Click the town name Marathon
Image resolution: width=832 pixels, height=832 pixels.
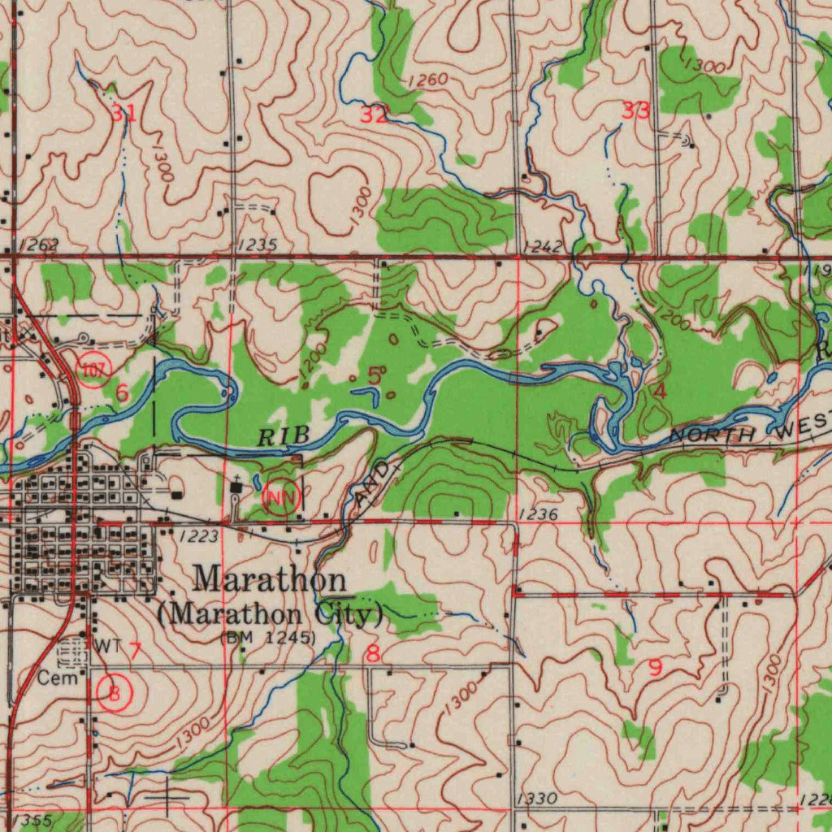271,579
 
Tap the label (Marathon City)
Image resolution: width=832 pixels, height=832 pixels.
269,613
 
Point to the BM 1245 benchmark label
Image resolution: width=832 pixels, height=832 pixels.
268,638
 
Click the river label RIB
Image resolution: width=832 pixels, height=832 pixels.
284,437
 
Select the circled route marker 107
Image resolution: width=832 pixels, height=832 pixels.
93,370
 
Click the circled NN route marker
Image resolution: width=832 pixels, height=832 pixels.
283,495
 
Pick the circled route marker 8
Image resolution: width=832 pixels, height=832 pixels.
114,692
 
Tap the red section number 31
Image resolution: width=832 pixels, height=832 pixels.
123,114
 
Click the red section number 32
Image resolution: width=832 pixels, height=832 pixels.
374,115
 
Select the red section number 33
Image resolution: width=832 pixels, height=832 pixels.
635,111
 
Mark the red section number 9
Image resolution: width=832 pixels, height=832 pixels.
655,668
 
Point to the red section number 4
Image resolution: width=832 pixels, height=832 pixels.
660,392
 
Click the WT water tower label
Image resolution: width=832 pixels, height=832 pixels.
107,646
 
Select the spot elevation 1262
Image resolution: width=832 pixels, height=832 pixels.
37,245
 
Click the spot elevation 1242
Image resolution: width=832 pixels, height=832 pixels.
543,245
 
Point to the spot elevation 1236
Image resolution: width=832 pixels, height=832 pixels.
537,513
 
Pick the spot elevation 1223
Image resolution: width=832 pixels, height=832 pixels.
199,535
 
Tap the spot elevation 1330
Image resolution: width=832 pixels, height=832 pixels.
536,799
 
